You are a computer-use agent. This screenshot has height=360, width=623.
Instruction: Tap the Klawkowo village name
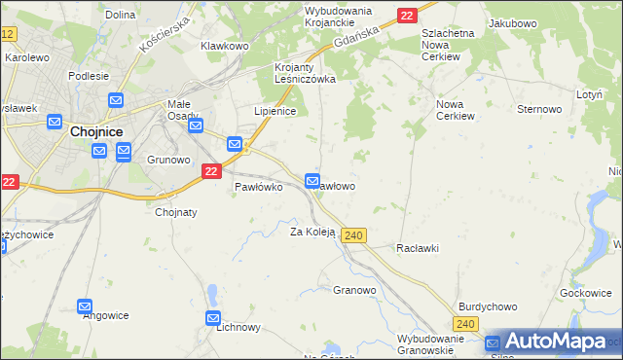pos(225,46)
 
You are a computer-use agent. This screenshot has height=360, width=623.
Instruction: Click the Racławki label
pos(418,248)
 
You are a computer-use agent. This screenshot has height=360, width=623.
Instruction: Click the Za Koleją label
pos(312,232)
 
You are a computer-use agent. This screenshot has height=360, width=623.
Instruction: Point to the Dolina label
pos(120,15)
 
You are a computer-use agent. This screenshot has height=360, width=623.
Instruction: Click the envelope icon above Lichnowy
pos(214,318)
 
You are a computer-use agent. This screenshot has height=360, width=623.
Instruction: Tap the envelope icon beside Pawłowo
pos(312,181)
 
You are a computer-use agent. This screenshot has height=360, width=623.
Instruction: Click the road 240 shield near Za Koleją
pos(354,236)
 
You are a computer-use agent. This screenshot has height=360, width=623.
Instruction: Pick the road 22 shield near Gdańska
pos(407,15)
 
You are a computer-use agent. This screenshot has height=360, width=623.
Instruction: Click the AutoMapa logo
pos(554,342)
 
